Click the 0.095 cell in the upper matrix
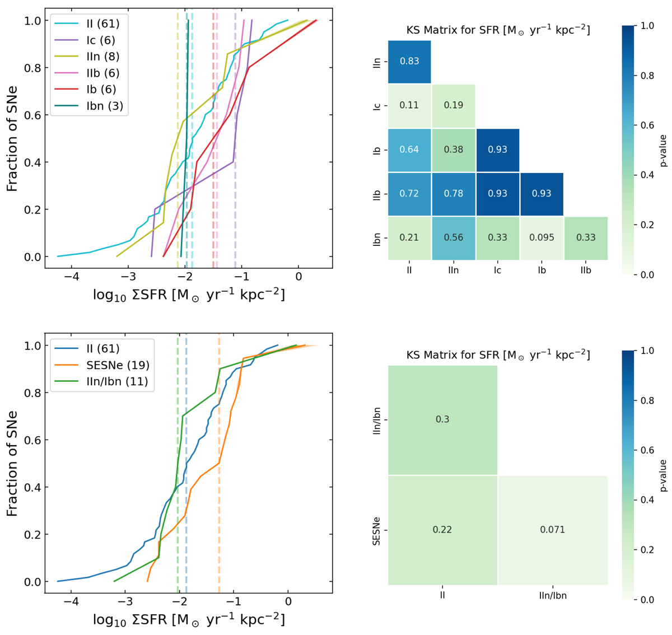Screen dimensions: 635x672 [542, 237]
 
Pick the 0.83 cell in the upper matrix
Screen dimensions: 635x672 [409, 61]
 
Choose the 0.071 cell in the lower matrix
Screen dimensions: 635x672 [552, 530]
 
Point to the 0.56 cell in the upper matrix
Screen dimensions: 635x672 [454, 237]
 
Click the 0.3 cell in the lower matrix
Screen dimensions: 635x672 [442, 419]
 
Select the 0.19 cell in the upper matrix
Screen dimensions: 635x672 [454, 105]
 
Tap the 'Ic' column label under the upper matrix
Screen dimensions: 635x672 [497, 270]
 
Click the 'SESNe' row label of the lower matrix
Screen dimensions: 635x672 [377, 530]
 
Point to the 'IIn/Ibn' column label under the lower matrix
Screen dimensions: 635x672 [552, 596]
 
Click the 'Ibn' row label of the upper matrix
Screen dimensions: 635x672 [377, 237]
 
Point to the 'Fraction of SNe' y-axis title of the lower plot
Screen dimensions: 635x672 [12, 463]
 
